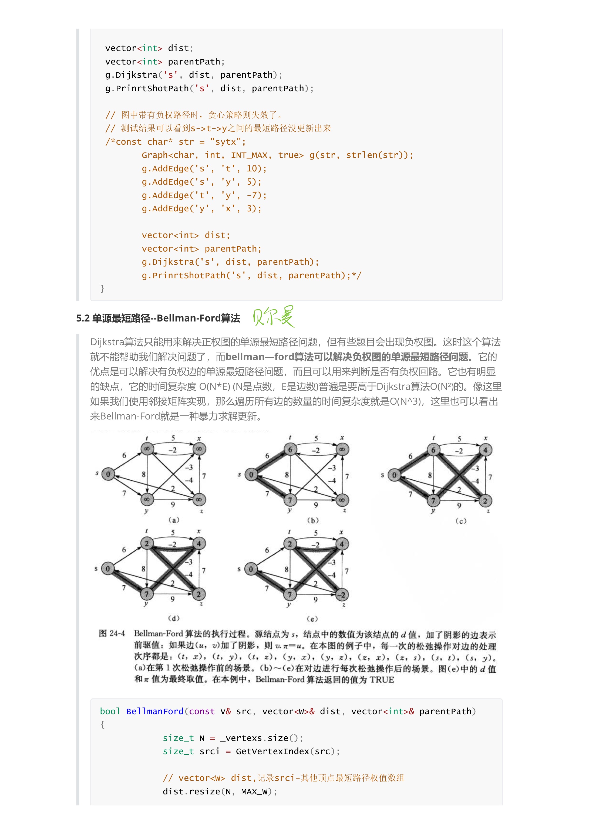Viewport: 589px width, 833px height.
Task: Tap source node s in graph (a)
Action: click(108, 474)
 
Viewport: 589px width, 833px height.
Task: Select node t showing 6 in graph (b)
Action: click(290, 449)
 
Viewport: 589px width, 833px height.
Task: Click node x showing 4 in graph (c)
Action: click(485, 450)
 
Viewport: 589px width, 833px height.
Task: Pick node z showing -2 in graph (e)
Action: click(342, 595)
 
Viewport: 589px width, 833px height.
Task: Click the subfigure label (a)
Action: click(174, 520)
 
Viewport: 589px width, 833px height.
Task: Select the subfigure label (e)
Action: click(312, 619)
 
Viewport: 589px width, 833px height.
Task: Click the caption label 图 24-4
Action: click(112, 634)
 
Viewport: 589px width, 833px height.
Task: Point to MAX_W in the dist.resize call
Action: click(254, 792)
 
